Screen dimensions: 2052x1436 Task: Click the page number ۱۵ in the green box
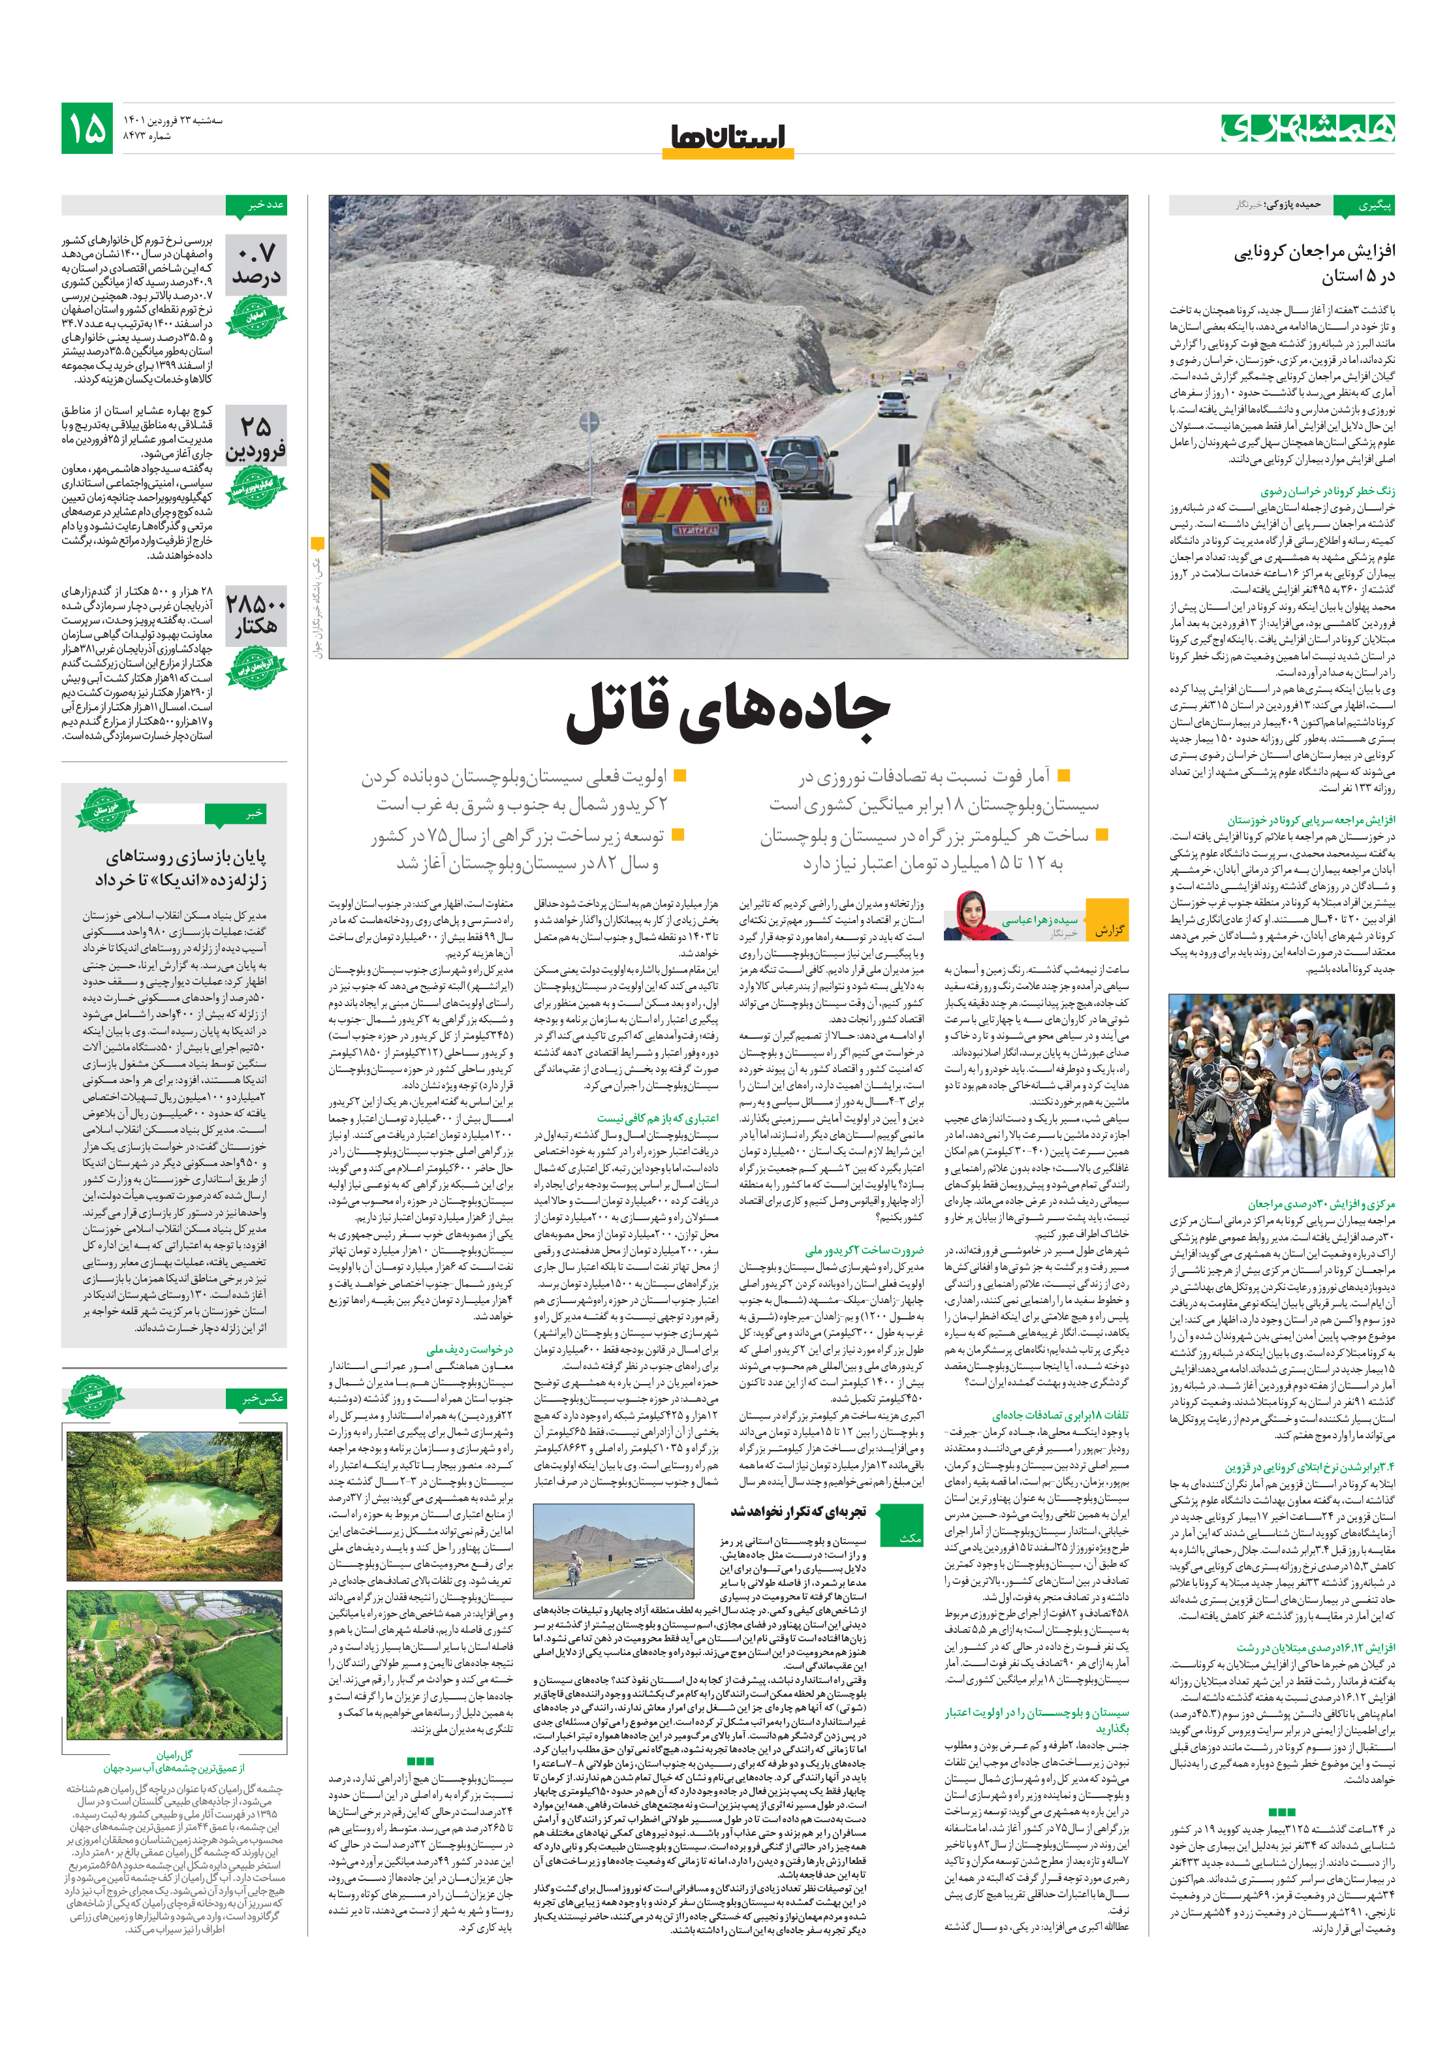point(87,129)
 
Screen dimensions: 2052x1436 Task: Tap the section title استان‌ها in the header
point(727,136)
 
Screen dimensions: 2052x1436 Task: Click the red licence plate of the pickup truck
point(695,530)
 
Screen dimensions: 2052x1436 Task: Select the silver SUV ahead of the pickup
point(800,464)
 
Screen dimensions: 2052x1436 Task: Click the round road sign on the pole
point(589,422)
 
